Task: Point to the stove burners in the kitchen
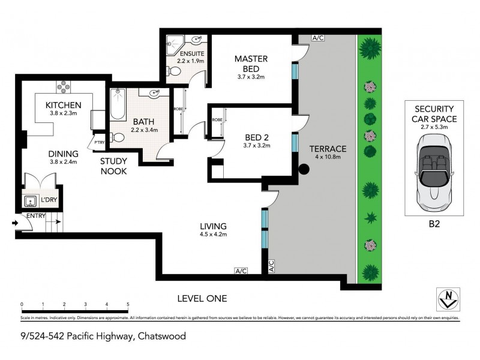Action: coord(63,88)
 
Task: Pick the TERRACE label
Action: coord(326,149)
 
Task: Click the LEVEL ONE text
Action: coord(202,298)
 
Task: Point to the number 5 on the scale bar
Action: coord(128,305)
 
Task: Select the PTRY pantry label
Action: coord(99,142)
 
